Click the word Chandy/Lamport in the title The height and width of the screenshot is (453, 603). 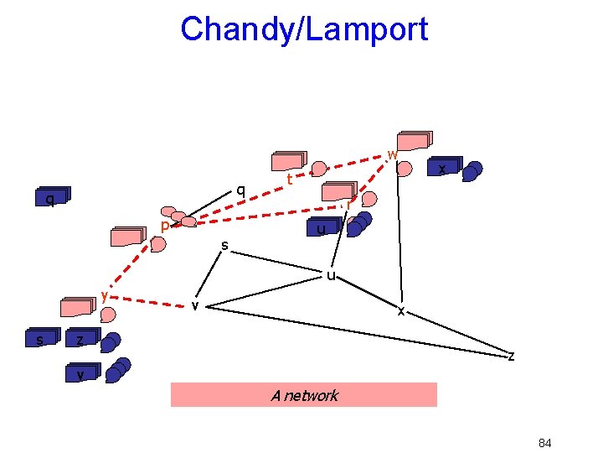point(303,29)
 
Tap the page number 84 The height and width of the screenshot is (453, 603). point(544,443)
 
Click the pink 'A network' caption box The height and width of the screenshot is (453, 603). point(303,395)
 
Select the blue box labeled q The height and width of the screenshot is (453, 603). point(51,199)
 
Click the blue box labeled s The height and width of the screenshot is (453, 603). point(40,339)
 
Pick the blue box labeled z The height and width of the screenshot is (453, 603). point(81,339)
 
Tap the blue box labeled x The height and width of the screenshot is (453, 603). point(441,168)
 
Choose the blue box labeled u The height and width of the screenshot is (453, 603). point(321,229)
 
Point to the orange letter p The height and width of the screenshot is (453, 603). point(165,226)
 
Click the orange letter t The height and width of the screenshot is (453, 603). point(289,180)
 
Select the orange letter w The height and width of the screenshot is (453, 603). point(391,154)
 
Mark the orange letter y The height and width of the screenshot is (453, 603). point(104,294)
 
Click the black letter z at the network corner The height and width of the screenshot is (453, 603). point(511,356)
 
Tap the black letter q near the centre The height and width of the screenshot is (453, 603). point(240,190)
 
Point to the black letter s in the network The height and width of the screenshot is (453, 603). point(224,245)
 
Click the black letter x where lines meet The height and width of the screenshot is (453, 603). point(401,310)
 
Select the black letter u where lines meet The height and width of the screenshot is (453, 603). point(331,275)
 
